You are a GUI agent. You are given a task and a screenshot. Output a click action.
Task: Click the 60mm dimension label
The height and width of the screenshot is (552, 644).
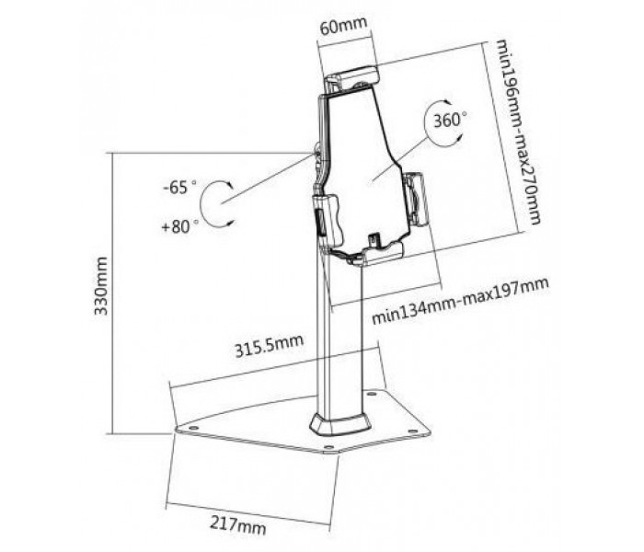click(x=343, y=26)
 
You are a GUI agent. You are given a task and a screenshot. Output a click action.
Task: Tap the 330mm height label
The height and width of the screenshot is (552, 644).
click(x=101, y=286)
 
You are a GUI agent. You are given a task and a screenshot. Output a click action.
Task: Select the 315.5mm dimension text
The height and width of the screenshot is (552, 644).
click(x=269, y=346)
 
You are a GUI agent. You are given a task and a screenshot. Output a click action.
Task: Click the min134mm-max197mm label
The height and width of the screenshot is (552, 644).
click(x=460, y=301)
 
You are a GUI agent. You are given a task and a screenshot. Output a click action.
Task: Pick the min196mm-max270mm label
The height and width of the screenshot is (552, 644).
click(x=518, y=132)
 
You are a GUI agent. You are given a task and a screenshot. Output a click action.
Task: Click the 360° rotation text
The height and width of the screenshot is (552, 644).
click(x=450, y=121)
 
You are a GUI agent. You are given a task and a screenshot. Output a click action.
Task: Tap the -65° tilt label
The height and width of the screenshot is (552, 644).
click(x=180, y=188)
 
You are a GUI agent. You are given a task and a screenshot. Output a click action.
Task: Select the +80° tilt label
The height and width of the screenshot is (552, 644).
click(x=180, y=226)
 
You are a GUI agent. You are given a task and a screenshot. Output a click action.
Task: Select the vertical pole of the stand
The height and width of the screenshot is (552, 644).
click(x=339, y=333)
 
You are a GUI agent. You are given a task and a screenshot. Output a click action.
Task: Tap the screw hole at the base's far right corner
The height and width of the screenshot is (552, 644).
click(x=411, y=431)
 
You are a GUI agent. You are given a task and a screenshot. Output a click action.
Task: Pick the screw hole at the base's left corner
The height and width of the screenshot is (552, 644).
click(x=192, y=428)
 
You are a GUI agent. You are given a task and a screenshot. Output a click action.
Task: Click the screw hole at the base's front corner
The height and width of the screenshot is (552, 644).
click(x=328, y=447)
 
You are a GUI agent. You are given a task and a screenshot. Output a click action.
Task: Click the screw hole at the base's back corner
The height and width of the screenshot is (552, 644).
click(x=372, y=395)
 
